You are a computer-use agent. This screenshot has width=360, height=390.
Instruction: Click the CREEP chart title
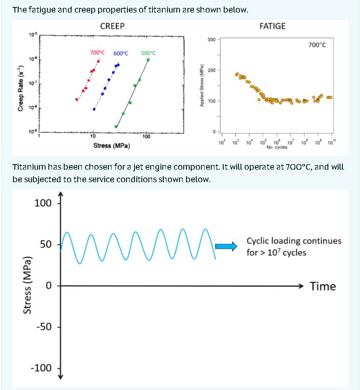coord(112,26)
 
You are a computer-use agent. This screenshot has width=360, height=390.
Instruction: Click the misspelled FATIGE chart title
coord(273,26)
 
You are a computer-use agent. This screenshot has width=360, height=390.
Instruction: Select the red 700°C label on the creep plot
coord(98,53)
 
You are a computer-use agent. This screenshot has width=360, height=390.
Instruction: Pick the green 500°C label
coord(148,53)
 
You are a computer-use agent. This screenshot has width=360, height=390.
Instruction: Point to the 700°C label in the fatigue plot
coord(317,45)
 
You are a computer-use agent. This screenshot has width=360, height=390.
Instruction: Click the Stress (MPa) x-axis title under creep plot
coord(112,145)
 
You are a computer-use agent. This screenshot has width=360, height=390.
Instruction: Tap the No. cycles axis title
coord(277,147)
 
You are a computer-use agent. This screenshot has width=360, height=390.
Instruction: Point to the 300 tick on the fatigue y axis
coord(211,40)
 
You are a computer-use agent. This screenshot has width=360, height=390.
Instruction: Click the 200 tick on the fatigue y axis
coord(211,70)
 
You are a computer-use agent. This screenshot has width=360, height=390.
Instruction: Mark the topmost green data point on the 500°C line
coord(148,59)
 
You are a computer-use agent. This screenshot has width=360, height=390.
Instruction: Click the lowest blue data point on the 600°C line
coord(94,109)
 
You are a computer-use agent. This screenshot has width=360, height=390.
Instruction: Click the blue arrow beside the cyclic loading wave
coord(228,247)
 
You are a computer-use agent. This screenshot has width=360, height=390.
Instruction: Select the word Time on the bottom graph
coord(322,286)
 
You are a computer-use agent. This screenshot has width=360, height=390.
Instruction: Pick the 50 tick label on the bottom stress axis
coord(46,245)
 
